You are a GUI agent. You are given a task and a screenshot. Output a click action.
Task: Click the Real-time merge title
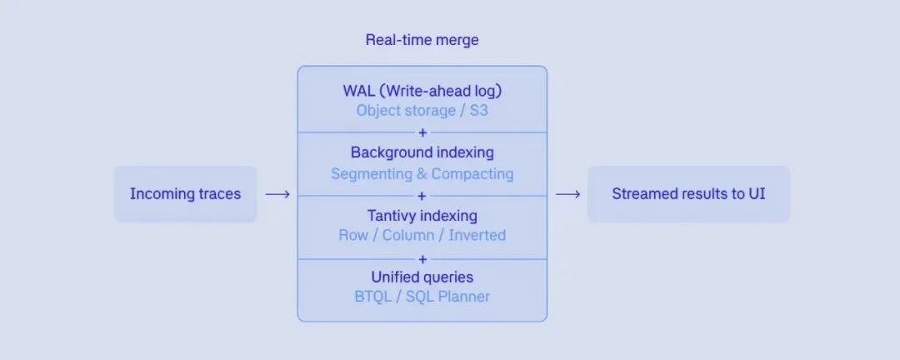[422, 40]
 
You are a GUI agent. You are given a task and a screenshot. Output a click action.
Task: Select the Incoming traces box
[185, 194]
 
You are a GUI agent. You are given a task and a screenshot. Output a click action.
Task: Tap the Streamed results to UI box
[688, 194]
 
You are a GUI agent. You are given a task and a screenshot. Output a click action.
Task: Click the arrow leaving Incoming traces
[277, 194]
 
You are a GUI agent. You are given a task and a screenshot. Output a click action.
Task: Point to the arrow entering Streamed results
[567, 194]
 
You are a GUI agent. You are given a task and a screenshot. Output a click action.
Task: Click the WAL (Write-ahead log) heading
[422, 90]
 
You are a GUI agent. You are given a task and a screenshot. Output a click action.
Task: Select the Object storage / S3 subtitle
[422, 110]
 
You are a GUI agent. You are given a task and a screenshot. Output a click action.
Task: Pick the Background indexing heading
[422, 153]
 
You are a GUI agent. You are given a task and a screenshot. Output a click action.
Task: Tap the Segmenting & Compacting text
[422, 174]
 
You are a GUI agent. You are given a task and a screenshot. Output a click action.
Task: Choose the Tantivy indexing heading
[422, 216]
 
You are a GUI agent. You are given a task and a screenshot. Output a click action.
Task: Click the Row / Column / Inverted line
[422, 235]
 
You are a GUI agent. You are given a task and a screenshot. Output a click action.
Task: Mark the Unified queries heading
[422, 277]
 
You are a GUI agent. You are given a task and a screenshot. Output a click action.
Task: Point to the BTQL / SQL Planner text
[422, 297]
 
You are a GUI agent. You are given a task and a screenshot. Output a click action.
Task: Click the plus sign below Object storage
[422, 132]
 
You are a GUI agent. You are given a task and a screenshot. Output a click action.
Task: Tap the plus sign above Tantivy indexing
[422, 196]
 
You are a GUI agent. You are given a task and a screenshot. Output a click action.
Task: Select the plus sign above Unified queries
[422, 258]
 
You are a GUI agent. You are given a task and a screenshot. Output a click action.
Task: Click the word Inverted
[477, 235]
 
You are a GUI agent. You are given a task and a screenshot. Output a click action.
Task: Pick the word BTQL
[373, 297]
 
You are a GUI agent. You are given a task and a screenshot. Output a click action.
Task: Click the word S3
[477, 110]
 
